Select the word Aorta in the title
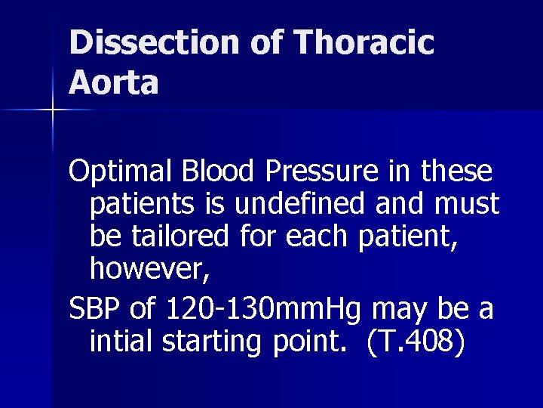[x=114, y=82]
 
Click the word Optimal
[x=121, y=172]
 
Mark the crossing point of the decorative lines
[x=53, y=111]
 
